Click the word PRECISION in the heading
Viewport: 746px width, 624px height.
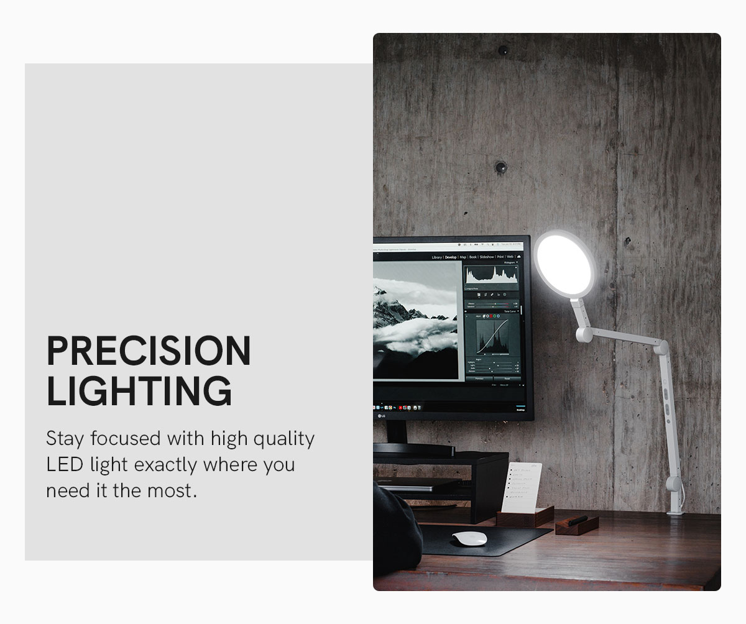[149, 351]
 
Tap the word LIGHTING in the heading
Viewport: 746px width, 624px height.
[139, 391]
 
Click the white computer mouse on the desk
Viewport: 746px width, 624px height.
[469, 538]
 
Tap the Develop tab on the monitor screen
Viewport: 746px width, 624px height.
[450, 257]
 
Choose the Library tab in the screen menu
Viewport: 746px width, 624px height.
[436, 257]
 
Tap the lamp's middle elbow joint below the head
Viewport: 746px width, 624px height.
[584, 335]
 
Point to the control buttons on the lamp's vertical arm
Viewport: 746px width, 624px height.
[665, 401]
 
